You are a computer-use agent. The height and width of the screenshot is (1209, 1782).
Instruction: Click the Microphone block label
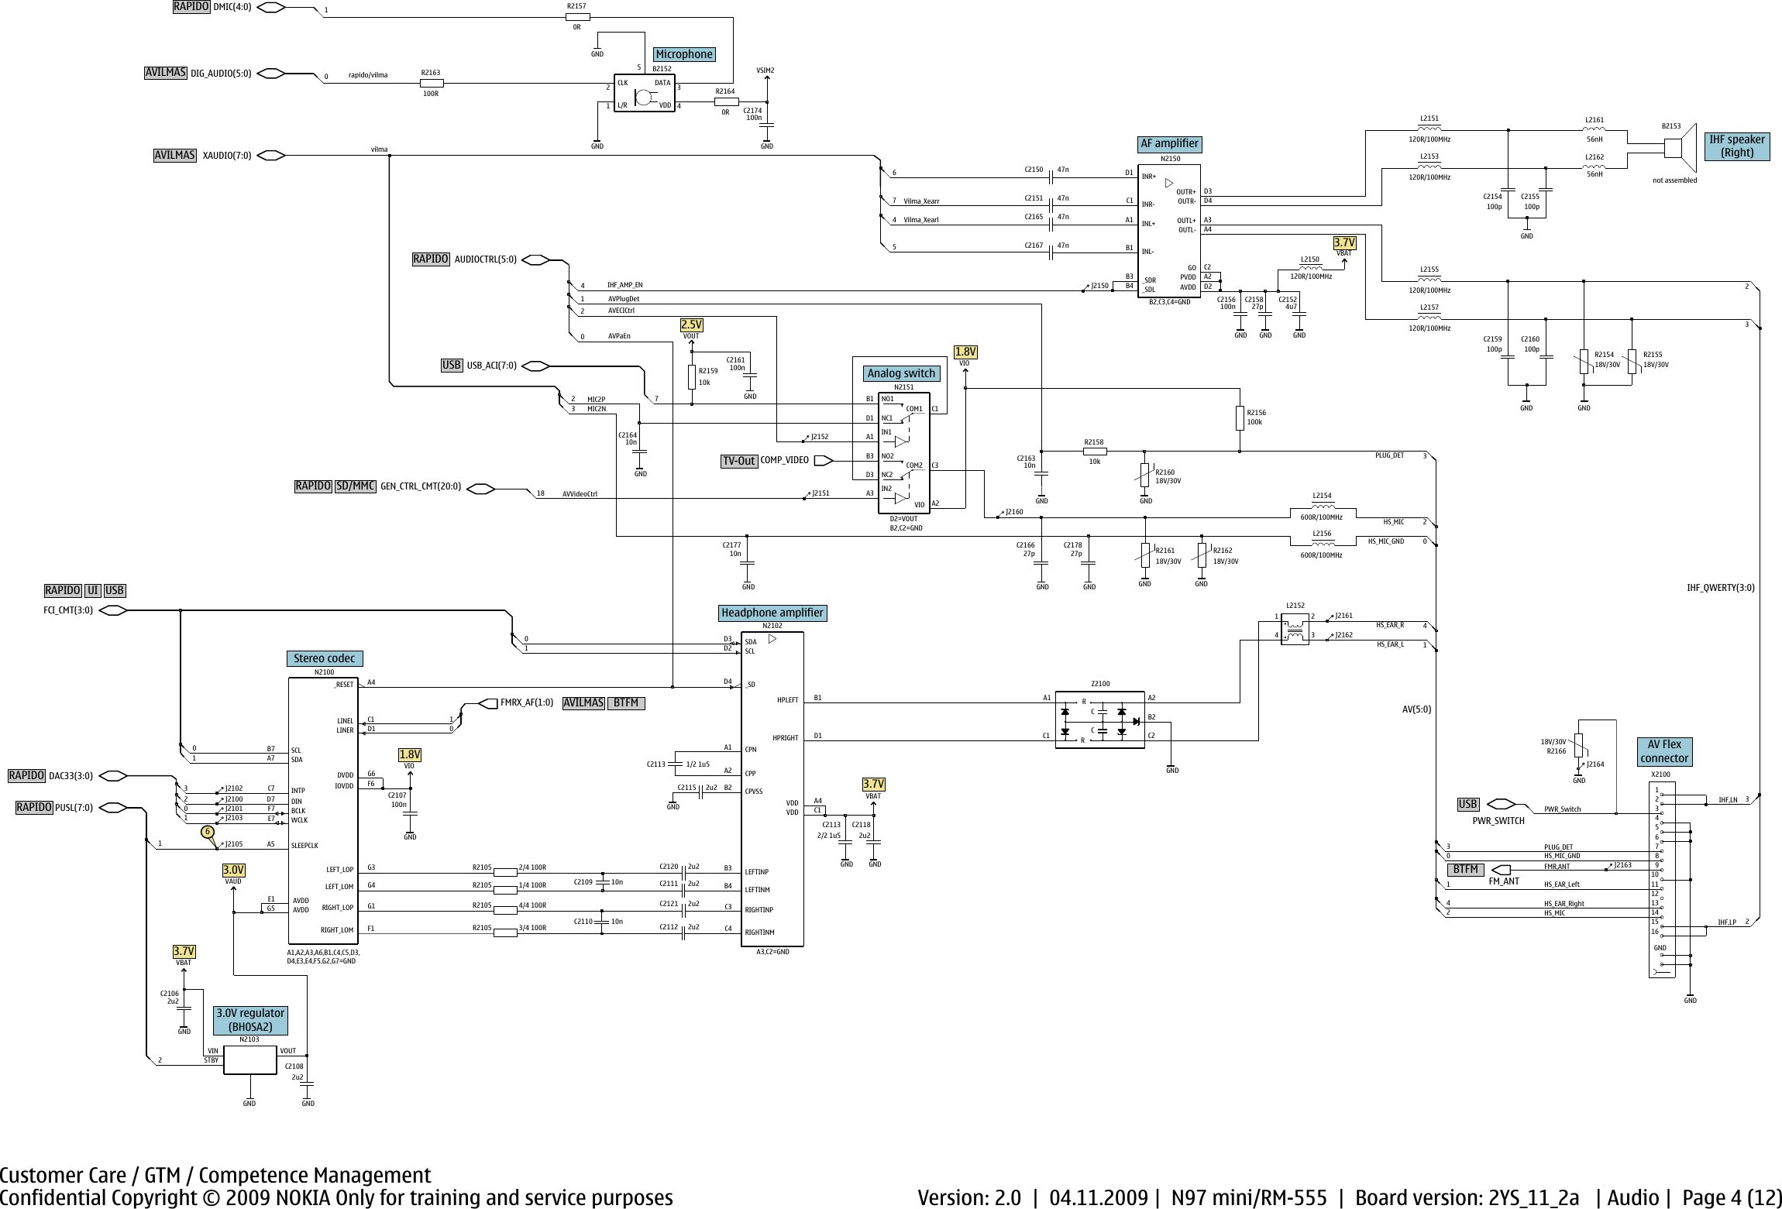[683, 54]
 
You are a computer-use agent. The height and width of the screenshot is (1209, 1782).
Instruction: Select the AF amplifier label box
[1169, 143]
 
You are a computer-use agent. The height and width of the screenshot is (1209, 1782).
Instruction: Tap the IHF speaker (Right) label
[1737, 146]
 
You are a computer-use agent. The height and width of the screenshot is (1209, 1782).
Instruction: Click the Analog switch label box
[901, 373]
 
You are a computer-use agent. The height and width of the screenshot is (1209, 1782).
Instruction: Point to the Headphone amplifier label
[772, 613]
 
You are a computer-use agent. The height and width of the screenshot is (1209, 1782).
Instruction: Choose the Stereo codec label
[324, 658]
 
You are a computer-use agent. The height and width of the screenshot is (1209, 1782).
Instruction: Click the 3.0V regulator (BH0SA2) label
[250, 1020]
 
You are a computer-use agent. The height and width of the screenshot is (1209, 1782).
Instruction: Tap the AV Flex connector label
[1663, 751]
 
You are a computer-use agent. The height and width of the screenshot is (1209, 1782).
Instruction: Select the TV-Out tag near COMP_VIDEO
[738, 461]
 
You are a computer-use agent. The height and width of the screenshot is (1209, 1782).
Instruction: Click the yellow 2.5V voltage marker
[691, 325]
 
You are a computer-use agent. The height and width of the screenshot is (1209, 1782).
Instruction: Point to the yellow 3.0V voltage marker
[233, 870]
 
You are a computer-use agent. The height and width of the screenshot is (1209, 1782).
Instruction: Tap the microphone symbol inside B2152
[643, 98]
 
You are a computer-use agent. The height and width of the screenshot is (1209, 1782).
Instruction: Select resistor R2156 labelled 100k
[1240, 418]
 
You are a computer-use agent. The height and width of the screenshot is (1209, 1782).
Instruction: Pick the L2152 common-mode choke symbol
[1295, 628]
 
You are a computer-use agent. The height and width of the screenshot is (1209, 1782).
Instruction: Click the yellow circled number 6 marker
[207, 832]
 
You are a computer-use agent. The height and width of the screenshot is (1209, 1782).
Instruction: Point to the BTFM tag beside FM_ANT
[1465, 869]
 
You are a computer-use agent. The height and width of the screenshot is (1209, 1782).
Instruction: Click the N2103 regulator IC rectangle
[249, 1060]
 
